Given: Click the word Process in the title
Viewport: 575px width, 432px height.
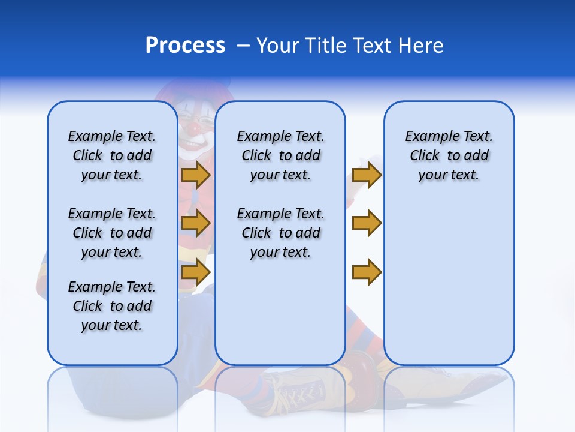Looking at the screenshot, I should point(185,45).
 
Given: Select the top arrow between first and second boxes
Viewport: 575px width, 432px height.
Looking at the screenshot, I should point(196,175).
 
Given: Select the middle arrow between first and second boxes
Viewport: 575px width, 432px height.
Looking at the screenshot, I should point(196,223).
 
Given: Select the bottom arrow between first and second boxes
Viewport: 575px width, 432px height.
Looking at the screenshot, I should point(196,272).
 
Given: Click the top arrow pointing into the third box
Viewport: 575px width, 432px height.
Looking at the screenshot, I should point(367,175).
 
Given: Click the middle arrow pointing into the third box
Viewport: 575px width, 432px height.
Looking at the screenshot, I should point(367,223).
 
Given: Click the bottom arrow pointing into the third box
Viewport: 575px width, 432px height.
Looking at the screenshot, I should point(367,272).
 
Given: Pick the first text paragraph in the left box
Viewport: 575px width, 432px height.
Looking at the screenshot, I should point(112,155).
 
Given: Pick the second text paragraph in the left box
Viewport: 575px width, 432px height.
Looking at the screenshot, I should point(112,233).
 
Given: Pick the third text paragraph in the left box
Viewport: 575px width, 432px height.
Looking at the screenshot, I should point(112,306).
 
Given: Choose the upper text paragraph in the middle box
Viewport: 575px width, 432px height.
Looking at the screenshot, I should point(280,155).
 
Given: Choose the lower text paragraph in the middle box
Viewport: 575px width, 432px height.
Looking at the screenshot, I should point(280,233).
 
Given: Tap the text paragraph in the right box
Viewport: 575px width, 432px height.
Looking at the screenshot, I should point(449,155).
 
